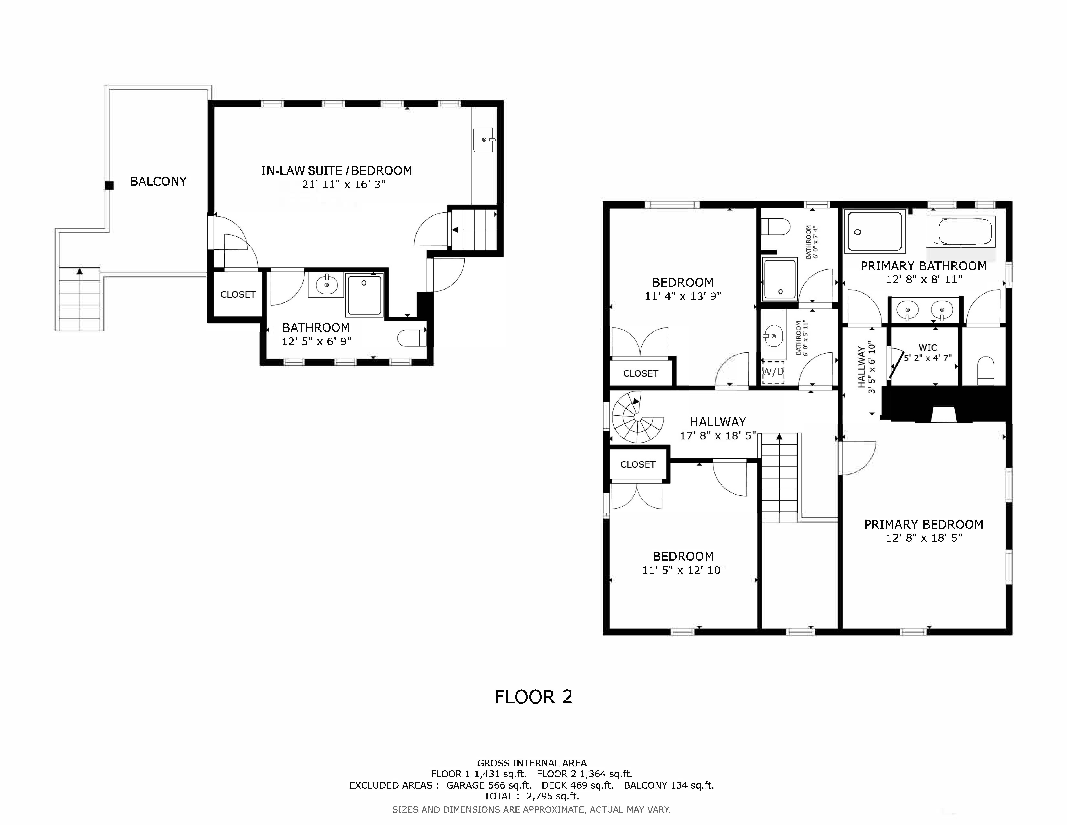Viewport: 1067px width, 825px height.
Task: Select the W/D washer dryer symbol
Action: pos(773,372)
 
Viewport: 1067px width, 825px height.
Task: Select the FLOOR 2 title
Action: pos(533,696)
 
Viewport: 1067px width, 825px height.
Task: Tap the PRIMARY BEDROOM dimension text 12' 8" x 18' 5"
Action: pos(923,538)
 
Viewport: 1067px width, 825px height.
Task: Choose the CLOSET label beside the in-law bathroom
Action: pos(238,294)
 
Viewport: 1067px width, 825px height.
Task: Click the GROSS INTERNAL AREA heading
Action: pos(532,763)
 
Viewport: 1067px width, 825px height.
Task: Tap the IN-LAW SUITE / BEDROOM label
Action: pos(337,170)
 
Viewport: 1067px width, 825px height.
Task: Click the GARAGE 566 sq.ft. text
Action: pos(489,785)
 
